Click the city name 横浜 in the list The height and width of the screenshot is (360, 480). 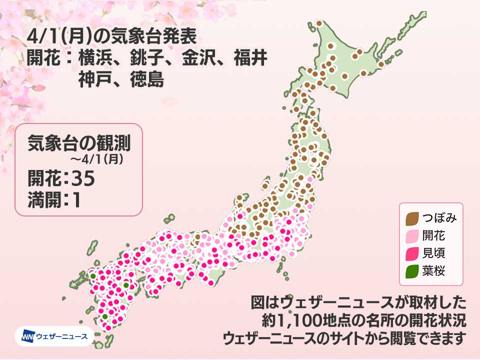click(x=97, y=59)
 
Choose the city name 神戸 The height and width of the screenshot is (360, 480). click(x=97, y=80)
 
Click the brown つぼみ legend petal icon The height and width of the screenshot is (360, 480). click(x=413, y=217)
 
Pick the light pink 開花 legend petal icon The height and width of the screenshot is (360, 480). click(x=413, y=235)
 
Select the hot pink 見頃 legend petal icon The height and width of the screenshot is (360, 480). click(x=413, y=253)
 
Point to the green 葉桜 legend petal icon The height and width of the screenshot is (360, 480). click(x=413, y=271)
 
